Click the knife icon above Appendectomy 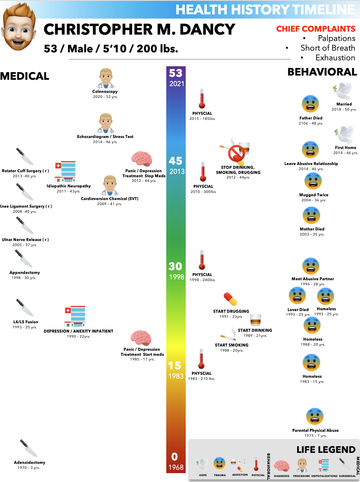pyautogui.click(x=24, y=259)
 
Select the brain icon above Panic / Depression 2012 pyautogui.click(x=141, y=159)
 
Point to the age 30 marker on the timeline pyautogui.click(x=176, y=266)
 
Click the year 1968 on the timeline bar pyautogui.click(x=176, y=467)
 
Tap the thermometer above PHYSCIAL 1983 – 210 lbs pyautogui.click(x=201, y=359)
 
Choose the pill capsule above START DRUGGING pyautogui.click(x=230, y=299)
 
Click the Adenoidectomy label pyautogui.click(x=29, y=462)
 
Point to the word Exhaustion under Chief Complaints pyautogui.click(x=335, y=58)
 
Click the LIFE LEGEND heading pyautogui.click(x=325, y=450)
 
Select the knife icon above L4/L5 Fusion pyautogui.click(x=24, y=308)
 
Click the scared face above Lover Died pyautogui.click(x=298, y=295)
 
